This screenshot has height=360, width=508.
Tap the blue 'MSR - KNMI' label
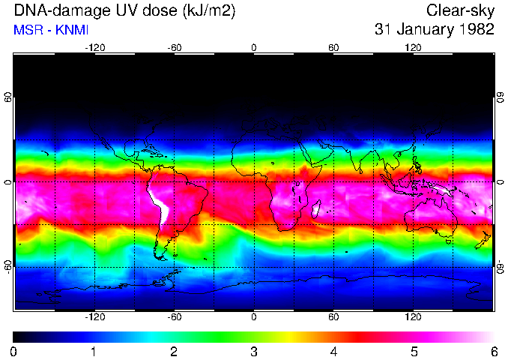[x=51, y=30]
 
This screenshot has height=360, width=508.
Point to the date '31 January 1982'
[x=434, y=30]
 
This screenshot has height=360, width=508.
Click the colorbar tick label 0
[x=14, y=351]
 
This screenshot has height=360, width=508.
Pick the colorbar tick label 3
[x=254, y=351]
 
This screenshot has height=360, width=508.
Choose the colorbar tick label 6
[x=493, y=351]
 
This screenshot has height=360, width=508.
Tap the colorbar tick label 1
[x=94, y=351]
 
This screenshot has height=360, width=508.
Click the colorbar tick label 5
[x=414, y=351]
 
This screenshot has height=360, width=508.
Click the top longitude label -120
[x=94, y=48]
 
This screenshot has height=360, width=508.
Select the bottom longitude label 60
[x=333, y=317]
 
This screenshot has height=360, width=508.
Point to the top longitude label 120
[x=413, y=48]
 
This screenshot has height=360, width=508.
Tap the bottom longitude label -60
[x=174, y=317]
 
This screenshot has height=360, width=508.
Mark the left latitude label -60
[x=9, y=267]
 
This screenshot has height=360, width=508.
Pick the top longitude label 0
[x=254, y=48]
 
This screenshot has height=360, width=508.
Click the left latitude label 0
[x=9, y=182]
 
